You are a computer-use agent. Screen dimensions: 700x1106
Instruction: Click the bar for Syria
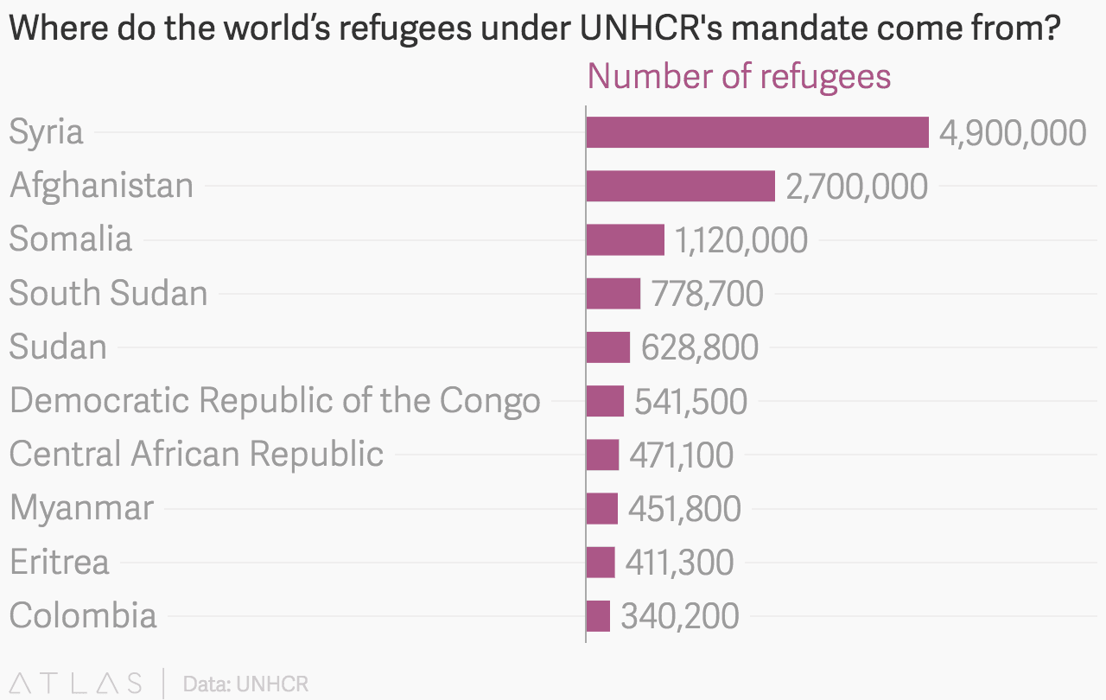point(757,132)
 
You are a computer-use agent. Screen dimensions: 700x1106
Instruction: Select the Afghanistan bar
point(680,186)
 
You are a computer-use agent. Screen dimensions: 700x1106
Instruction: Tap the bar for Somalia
point(625,239)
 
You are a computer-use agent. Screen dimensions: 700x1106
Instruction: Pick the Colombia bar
point(598,616)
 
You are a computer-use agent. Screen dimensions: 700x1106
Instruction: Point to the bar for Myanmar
point(601,508)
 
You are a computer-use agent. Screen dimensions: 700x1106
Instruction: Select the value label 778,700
point(707,294)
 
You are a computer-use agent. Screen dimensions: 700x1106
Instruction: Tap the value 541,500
point(690,401)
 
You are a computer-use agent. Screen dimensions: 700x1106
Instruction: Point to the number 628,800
point(699,347)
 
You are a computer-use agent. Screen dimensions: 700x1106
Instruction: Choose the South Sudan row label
point(109,293)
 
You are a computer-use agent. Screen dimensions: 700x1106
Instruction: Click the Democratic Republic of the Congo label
point(275,400)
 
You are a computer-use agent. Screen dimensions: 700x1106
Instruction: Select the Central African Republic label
point(196,454)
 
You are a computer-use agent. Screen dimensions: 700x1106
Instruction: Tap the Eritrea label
point(60,562)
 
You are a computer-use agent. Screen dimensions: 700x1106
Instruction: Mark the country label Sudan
point(58,347)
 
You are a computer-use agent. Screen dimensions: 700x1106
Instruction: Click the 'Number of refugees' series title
point(739,76)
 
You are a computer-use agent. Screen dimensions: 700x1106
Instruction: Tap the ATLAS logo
point(76,683)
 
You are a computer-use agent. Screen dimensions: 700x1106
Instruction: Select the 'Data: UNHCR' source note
point(245,684)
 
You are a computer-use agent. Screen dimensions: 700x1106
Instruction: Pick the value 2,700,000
point(856,187)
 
